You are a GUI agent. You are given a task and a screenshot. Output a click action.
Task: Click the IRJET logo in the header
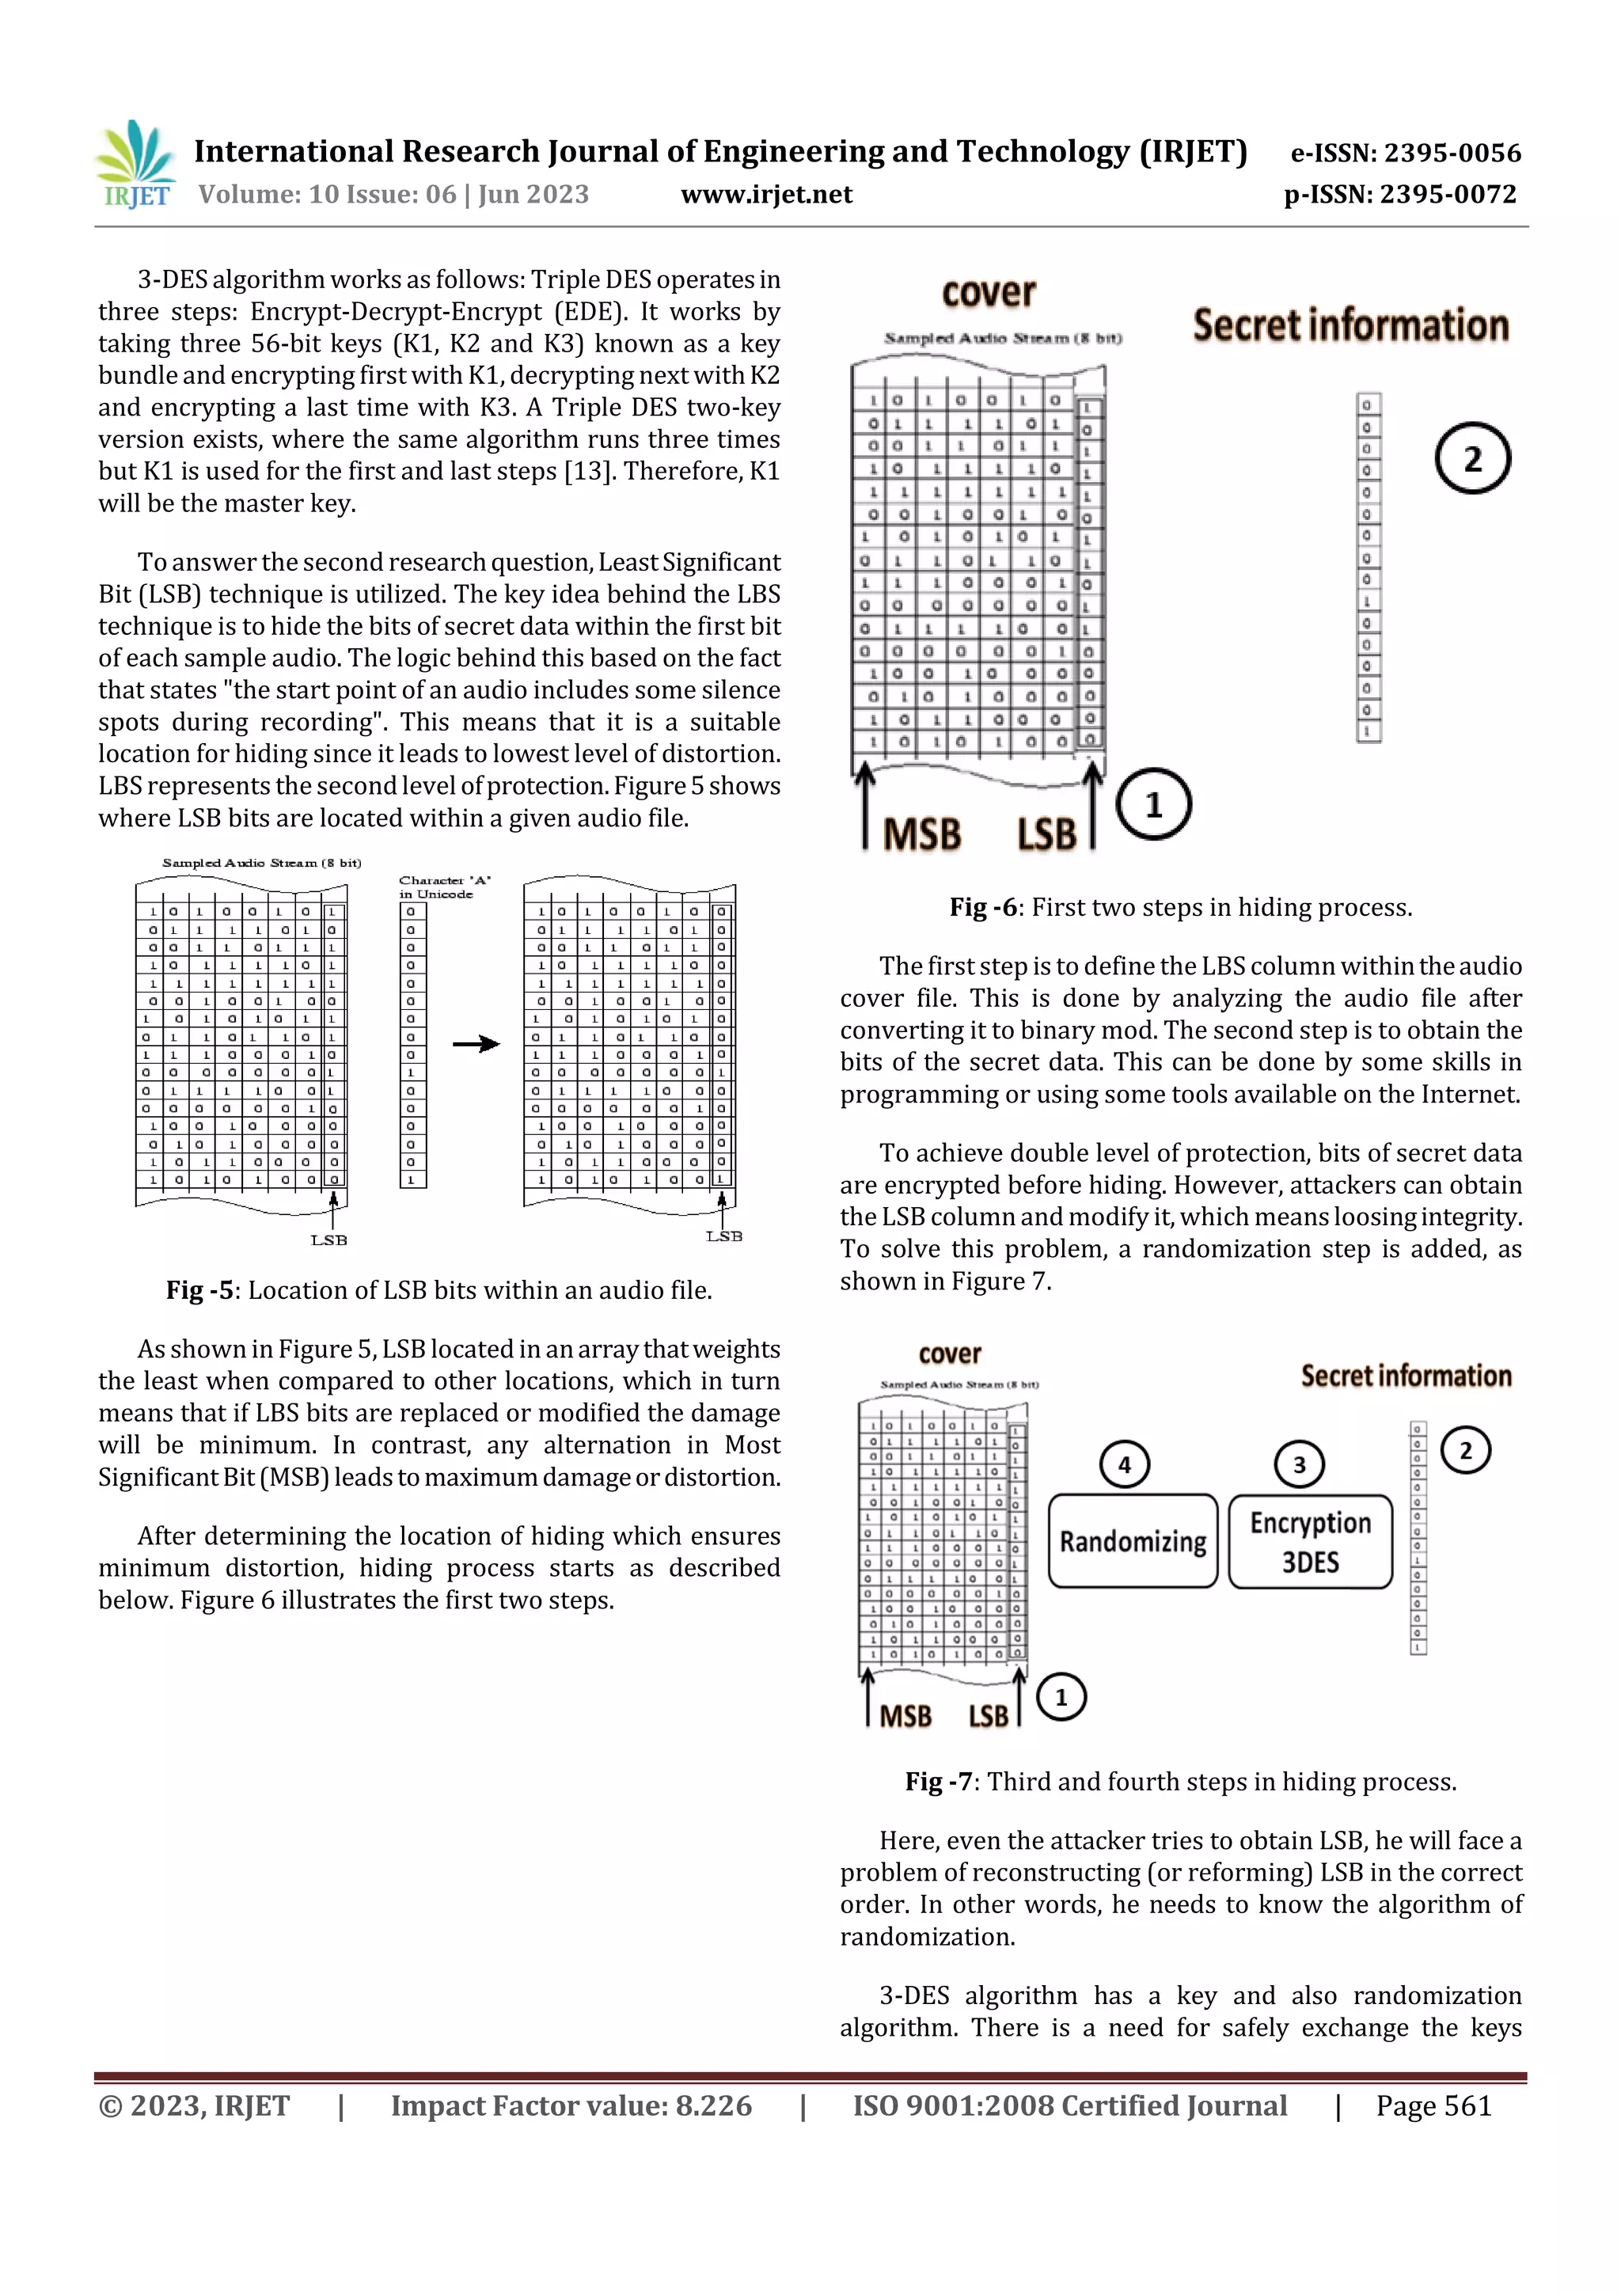pos(135,165)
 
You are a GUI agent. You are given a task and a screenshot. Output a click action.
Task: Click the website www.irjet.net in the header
pos(766,195)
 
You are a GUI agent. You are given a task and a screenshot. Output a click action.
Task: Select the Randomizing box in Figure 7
pos(1133,1541)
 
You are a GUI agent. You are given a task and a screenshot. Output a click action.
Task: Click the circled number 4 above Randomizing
pos(1125,1465)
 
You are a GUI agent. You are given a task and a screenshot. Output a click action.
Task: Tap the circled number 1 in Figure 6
pos(1153,804)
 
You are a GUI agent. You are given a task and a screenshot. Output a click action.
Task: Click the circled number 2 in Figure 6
pos(1472,458)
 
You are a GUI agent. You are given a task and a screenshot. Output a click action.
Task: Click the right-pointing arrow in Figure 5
pos(476,1045)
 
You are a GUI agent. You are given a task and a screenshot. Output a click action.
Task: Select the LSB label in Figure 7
pos(988,1716)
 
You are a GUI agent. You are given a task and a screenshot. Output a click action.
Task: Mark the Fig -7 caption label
pos(938,1782)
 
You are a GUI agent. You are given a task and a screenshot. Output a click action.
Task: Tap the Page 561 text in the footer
pos(1433,2106)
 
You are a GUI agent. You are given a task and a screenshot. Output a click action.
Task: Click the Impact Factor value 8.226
pos(571,2106)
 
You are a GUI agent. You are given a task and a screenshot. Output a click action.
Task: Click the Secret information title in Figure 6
pos(1350,325)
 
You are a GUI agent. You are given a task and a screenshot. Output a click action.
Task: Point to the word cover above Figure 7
pos(949,1354)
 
